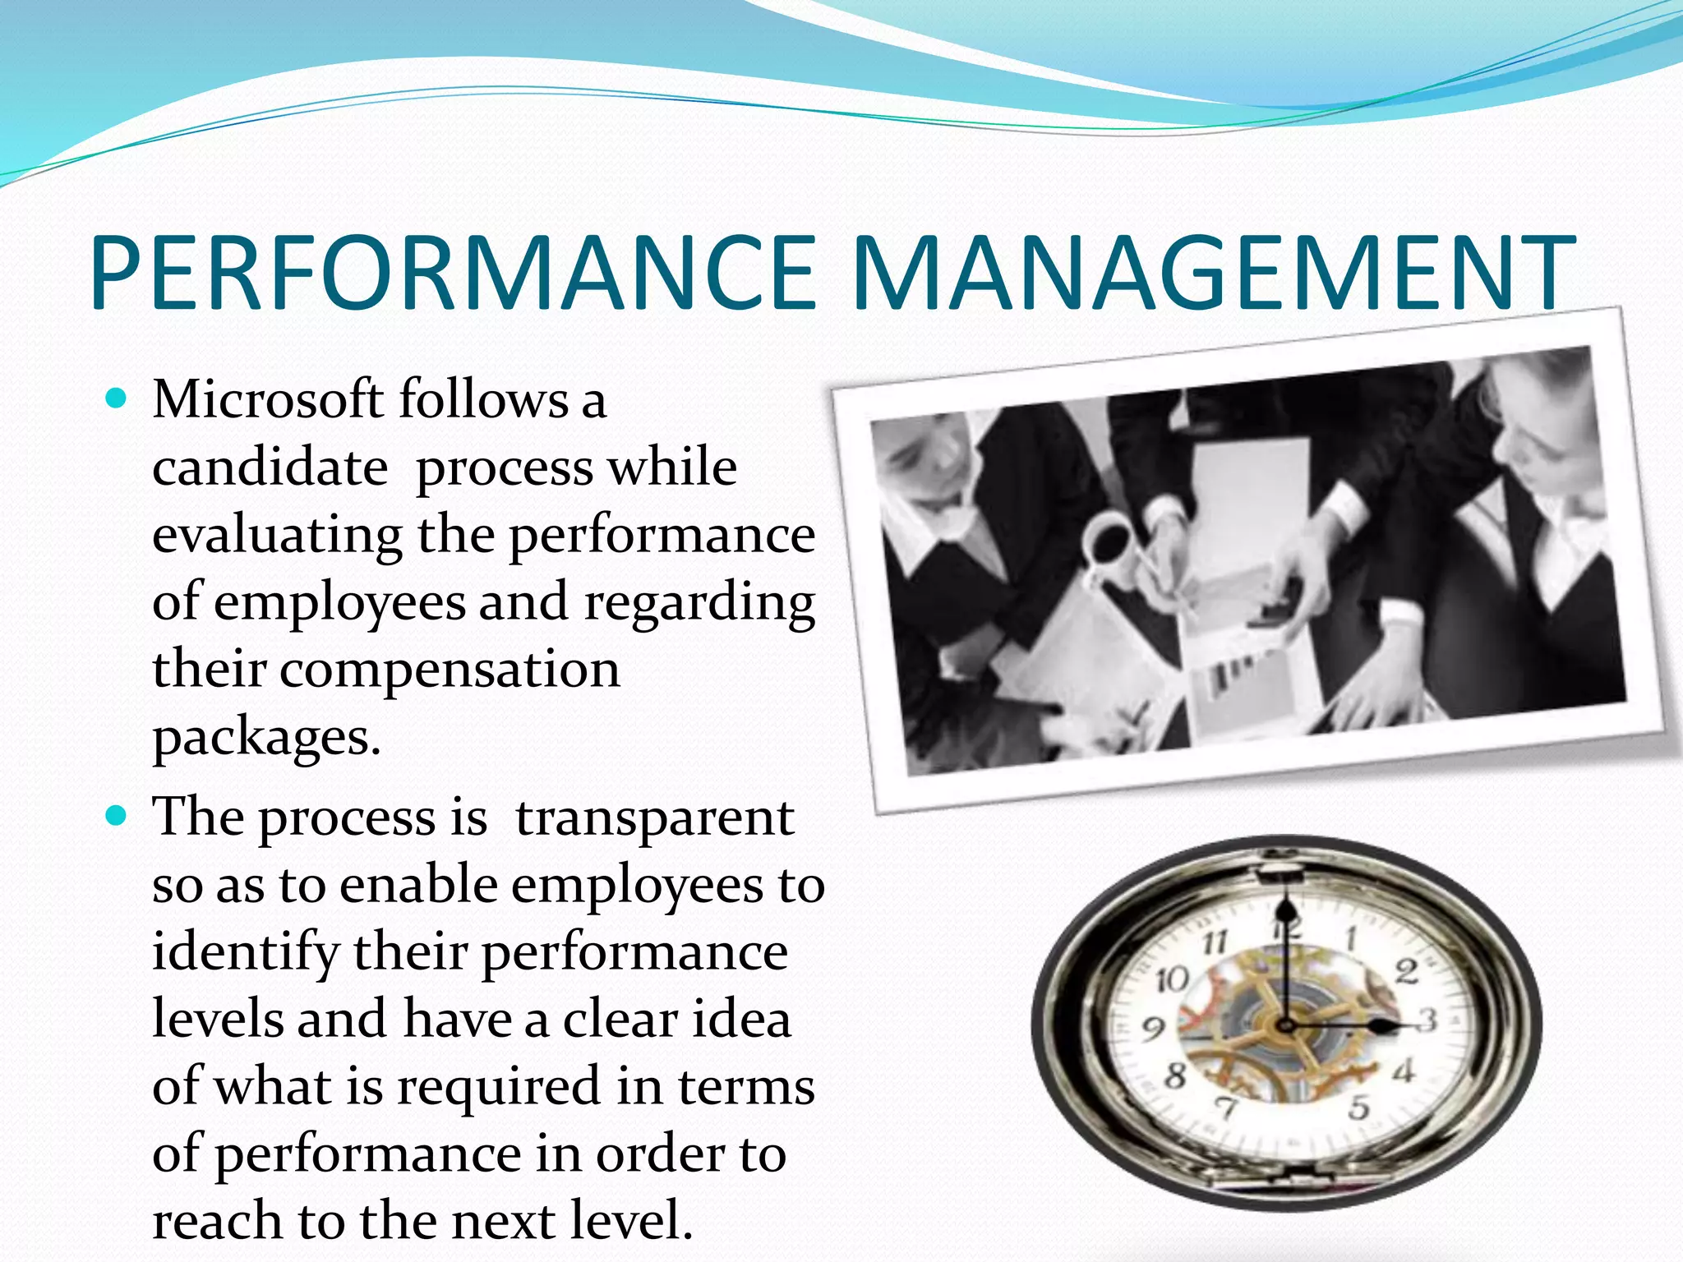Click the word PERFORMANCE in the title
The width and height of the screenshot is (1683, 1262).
coord(453,273)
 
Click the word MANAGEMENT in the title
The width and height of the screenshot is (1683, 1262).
coord(1213,273)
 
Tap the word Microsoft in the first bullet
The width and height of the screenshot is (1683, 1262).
coord(268,400)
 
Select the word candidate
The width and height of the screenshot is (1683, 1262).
coord(270,467)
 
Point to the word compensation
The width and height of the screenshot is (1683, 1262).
coord(450,670)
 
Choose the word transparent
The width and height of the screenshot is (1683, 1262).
coord(654,818)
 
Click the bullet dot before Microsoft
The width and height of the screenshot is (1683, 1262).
coord(117,399)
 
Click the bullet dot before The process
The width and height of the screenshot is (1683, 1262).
coord(117,817)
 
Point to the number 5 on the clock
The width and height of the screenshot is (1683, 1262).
coord(1358,1108)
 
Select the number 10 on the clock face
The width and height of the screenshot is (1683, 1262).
coord(1172,979)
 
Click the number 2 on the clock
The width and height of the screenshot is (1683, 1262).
coord(1407,972)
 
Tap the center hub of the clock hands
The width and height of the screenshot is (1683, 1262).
coord(1284,1025)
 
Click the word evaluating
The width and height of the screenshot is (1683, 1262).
coord(277,536)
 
